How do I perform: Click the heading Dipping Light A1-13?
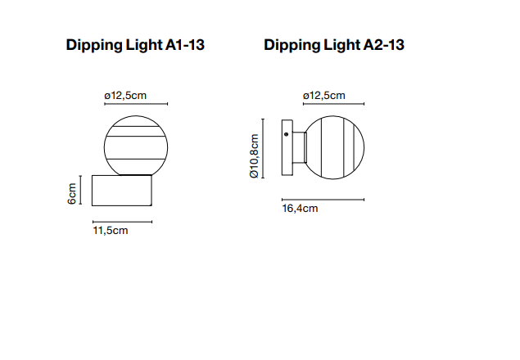(135, 46)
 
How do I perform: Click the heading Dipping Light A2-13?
(334, 46)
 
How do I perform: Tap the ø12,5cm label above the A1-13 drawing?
(125, 96)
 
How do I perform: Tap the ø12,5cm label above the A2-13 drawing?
(324, 96)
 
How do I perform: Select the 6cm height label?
(72, 194)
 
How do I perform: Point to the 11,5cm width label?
(111, 231)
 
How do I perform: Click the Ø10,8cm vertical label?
(254, 155)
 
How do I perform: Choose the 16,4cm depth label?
(301, 209)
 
